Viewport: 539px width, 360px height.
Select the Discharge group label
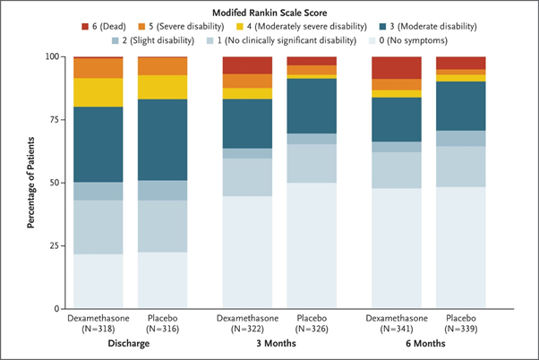(x=135, y=342)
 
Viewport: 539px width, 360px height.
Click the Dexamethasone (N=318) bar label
(x=98, y=322)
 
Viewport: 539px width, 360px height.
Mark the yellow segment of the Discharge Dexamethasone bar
(x=98, y=92)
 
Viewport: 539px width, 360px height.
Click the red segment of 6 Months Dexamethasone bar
(x=396, y=67)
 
